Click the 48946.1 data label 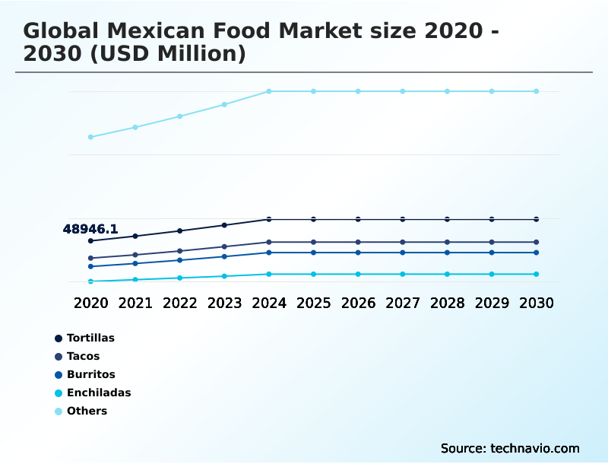[90, 229]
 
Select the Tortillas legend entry [90, 338]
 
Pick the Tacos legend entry [83, 356]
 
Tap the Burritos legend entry [90, 374]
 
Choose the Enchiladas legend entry [99, 392]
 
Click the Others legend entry [87, 411]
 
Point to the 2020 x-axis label [91, 303]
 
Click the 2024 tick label [269, 303]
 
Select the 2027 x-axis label [403, 303]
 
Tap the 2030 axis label [536, 303]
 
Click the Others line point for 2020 [90, 137]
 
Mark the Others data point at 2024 [269, 91]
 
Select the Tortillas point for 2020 [90, 241]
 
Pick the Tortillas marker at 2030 [536, 219]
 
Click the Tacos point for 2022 [180, 251]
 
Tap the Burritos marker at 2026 [358, 253]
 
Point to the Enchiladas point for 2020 [90, 281]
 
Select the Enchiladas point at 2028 [447, 274]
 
